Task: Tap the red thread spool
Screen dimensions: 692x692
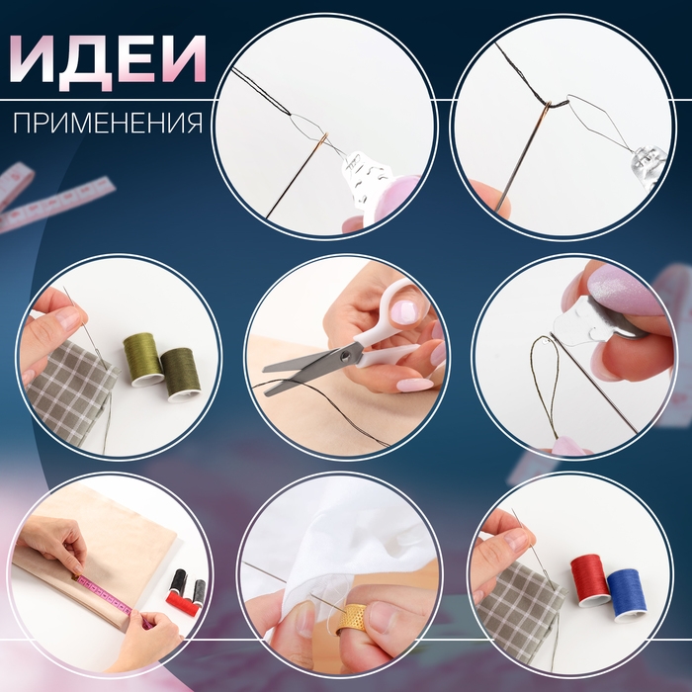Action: pyautogui.click(x=591, y=579)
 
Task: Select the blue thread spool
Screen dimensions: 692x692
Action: pyautogui.click(x=625, y=594)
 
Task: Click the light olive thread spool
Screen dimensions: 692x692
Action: pyautogui.click(x=143, y=358)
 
